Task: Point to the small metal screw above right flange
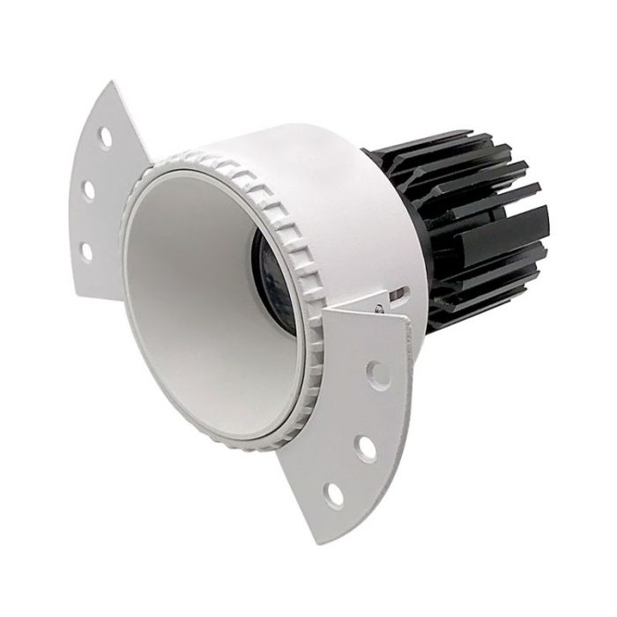pyautogui.click(x=378, y=308)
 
